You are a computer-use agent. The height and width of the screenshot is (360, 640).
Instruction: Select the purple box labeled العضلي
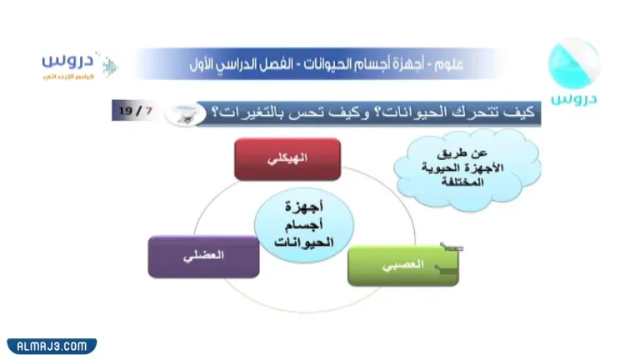click(203, 257)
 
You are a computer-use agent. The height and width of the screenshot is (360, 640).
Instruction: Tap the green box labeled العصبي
click(402, 265)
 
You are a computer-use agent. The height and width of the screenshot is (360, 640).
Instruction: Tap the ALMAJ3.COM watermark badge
click(52, 346)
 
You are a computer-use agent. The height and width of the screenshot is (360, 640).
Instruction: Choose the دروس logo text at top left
click(65, 61)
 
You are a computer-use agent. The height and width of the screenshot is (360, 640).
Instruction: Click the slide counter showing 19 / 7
click(135, 110)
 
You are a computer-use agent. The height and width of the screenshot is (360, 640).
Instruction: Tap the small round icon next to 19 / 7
click(185, 112)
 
